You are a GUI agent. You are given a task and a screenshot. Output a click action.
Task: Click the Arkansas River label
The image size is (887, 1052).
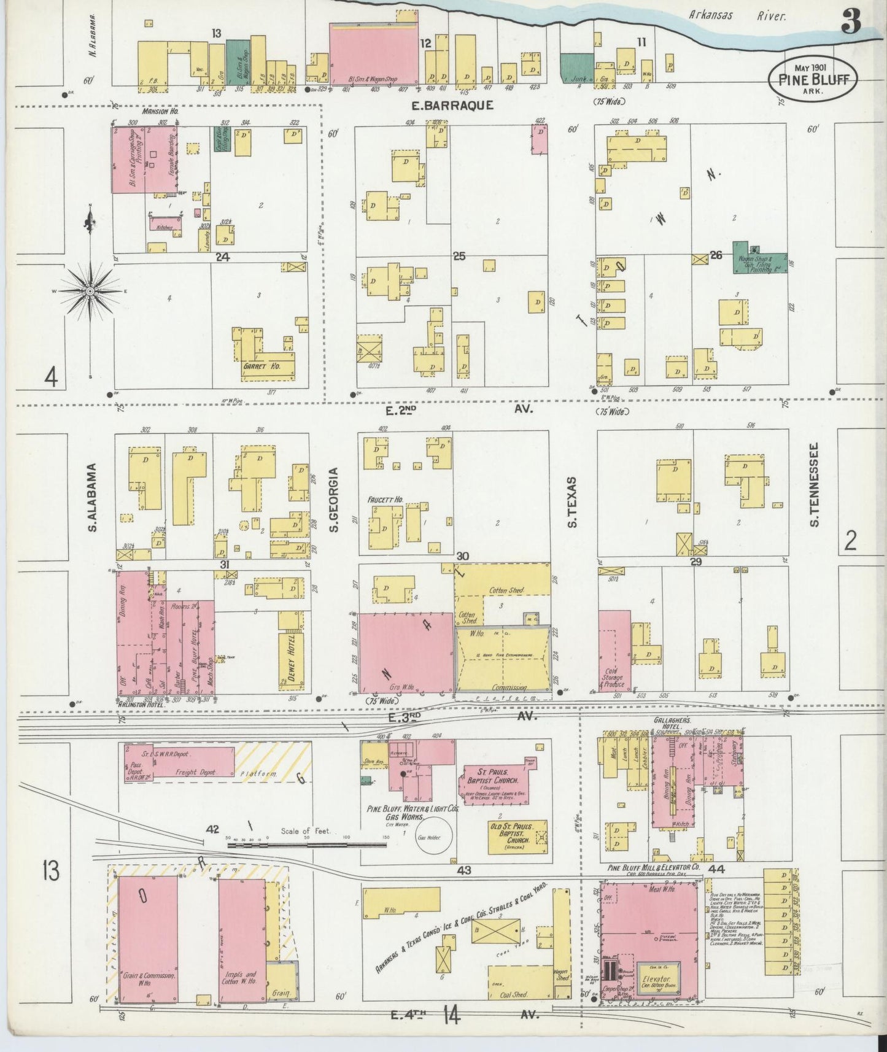[736, 16]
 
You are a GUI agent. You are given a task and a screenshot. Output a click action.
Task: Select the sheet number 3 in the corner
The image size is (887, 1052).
[851, 23]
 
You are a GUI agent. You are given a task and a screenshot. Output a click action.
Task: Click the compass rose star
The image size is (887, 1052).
[90, 290]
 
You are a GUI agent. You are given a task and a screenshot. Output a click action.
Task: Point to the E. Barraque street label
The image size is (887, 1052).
[452, 106]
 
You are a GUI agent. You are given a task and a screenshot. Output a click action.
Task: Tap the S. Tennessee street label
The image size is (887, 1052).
[815, 485]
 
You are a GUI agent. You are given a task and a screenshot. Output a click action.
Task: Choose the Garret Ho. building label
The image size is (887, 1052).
[261, 366]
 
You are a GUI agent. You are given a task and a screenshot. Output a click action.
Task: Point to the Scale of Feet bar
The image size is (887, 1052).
[306, 845]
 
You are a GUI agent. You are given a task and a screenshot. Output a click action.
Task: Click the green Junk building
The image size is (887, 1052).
[576, 68]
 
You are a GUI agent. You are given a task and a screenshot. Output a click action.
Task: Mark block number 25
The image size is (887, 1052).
[459, 256]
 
